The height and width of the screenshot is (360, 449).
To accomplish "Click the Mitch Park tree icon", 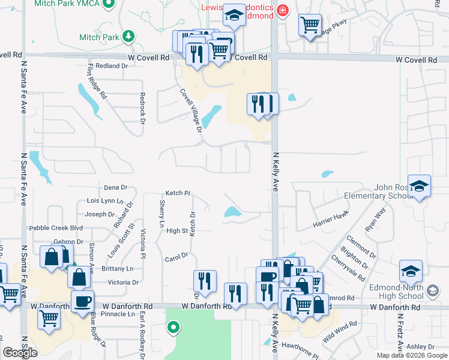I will tap(128, 37).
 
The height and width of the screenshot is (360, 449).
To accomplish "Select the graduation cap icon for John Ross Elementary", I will tap(419, 185).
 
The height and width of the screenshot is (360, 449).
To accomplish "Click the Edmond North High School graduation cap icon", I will tap(411, 272).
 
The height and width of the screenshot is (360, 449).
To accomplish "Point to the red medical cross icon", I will tap(282, 11).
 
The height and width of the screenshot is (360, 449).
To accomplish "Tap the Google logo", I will tap(20, 353).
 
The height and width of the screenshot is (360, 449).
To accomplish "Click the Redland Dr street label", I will tap(108, 66).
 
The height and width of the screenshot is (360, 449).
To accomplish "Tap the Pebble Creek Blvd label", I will tap(56, 229).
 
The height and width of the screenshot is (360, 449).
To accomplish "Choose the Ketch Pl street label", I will tap(178, 193).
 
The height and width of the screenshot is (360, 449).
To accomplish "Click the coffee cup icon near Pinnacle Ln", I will tap(82, 301).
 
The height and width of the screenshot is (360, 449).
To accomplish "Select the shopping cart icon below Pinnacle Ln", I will tap(49, 318).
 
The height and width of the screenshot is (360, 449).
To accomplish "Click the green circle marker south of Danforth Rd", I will tap(173, 328).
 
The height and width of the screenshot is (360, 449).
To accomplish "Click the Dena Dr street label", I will tap(116, 188).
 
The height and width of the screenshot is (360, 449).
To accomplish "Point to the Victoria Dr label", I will tap(123, 282).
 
